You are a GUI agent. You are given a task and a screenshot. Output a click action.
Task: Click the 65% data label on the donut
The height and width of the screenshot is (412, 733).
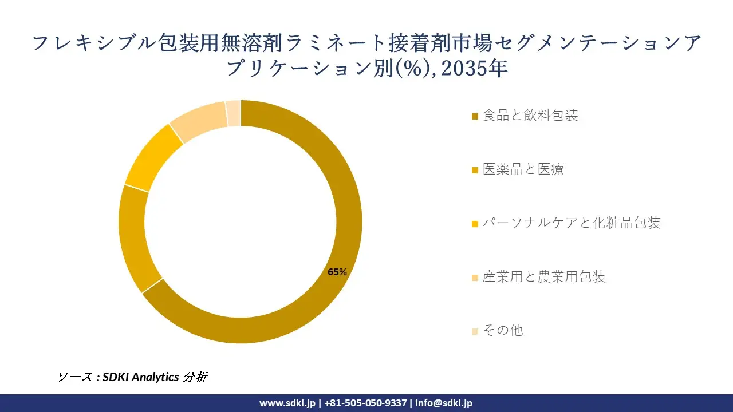click(x=337, y=272)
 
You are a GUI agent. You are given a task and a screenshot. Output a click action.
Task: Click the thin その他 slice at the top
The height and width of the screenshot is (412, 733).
click(x=234, y=113)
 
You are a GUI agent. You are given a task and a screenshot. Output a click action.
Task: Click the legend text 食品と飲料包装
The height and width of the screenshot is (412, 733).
click(x=530, y=116)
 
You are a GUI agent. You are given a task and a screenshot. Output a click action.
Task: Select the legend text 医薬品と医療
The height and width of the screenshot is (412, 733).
click(x=523, y=169)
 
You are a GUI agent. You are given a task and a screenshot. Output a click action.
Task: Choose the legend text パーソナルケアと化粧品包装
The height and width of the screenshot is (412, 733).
click(x=572, y=223)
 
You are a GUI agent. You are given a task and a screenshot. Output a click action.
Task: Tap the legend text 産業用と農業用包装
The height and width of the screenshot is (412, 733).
click(x=544, y=277)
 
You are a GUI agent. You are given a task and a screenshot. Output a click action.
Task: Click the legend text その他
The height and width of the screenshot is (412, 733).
click(x=503, y=331)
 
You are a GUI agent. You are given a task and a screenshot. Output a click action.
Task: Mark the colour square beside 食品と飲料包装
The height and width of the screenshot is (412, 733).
click(x=475, y=117)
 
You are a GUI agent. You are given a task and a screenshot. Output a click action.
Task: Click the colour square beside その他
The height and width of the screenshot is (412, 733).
click(x=475, y=332)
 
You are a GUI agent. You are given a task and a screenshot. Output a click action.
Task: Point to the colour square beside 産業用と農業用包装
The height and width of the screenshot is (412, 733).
click(x=475, y=278)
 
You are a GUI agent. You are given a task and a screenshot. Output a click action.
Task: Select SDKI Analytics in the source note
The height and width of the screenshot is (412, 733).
click(x=140, y=377)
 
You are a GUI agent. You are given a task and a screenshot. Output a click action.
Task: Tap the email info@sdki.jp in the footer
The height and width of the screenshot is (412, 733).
click(x=444, y=403)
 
